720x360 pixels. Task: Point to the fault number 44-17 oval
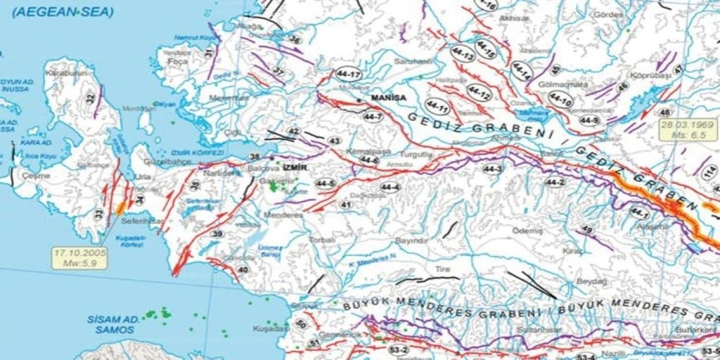pos(349,75)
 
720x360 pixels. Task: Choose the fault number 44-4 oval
pos(390,187)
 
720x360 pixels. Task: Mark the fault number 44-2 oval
pos(555,182)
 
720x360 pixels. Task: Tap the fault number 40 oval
pos(243,269)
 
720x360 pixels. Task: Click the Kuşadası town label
pos(271,328)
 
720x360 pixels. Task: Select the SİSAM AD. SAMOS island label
pos(112,323)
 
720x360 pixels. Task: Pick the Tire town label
pos(442,269)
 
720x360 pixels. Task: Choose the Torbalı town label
pos(323,240)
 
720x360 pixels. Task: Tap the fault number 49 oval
pos(588,231)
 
